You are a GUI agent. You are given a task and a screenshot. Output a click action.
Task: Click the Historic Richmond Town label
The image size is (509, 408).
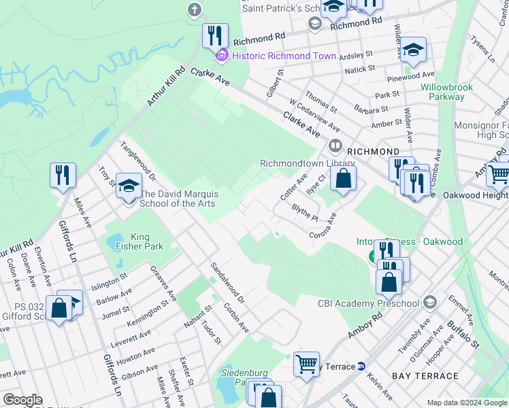click(284, 56)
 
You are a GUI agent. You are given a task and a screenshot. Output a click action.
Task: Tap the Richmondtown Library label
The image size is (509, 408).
click(308, 163)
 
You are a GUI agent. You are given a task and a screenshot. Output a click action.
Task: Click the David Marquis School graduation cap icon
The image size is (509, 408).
click(128, 186)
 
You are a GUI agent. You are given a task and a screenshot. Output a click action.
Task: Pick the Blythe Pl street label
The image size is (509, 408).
click(304, 212)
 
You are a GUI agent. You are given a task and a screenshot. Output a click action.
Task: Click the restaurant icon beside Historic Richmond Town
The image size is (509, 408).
click(215, 35)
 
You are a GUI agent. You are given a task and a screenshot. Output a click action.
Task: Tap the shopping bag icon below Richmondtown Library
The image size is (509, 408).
click(344, 180)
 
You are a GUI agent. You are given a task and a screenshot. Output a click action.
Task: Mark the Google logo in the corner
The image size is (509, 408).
click(22, 400)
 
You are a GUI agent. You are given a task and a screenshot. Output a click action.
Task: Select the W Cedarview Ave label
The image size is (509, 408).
click(314, 114)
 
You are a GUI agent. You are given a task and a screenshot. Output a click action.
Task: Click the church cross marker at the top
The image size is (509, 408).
click(195, 10)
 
